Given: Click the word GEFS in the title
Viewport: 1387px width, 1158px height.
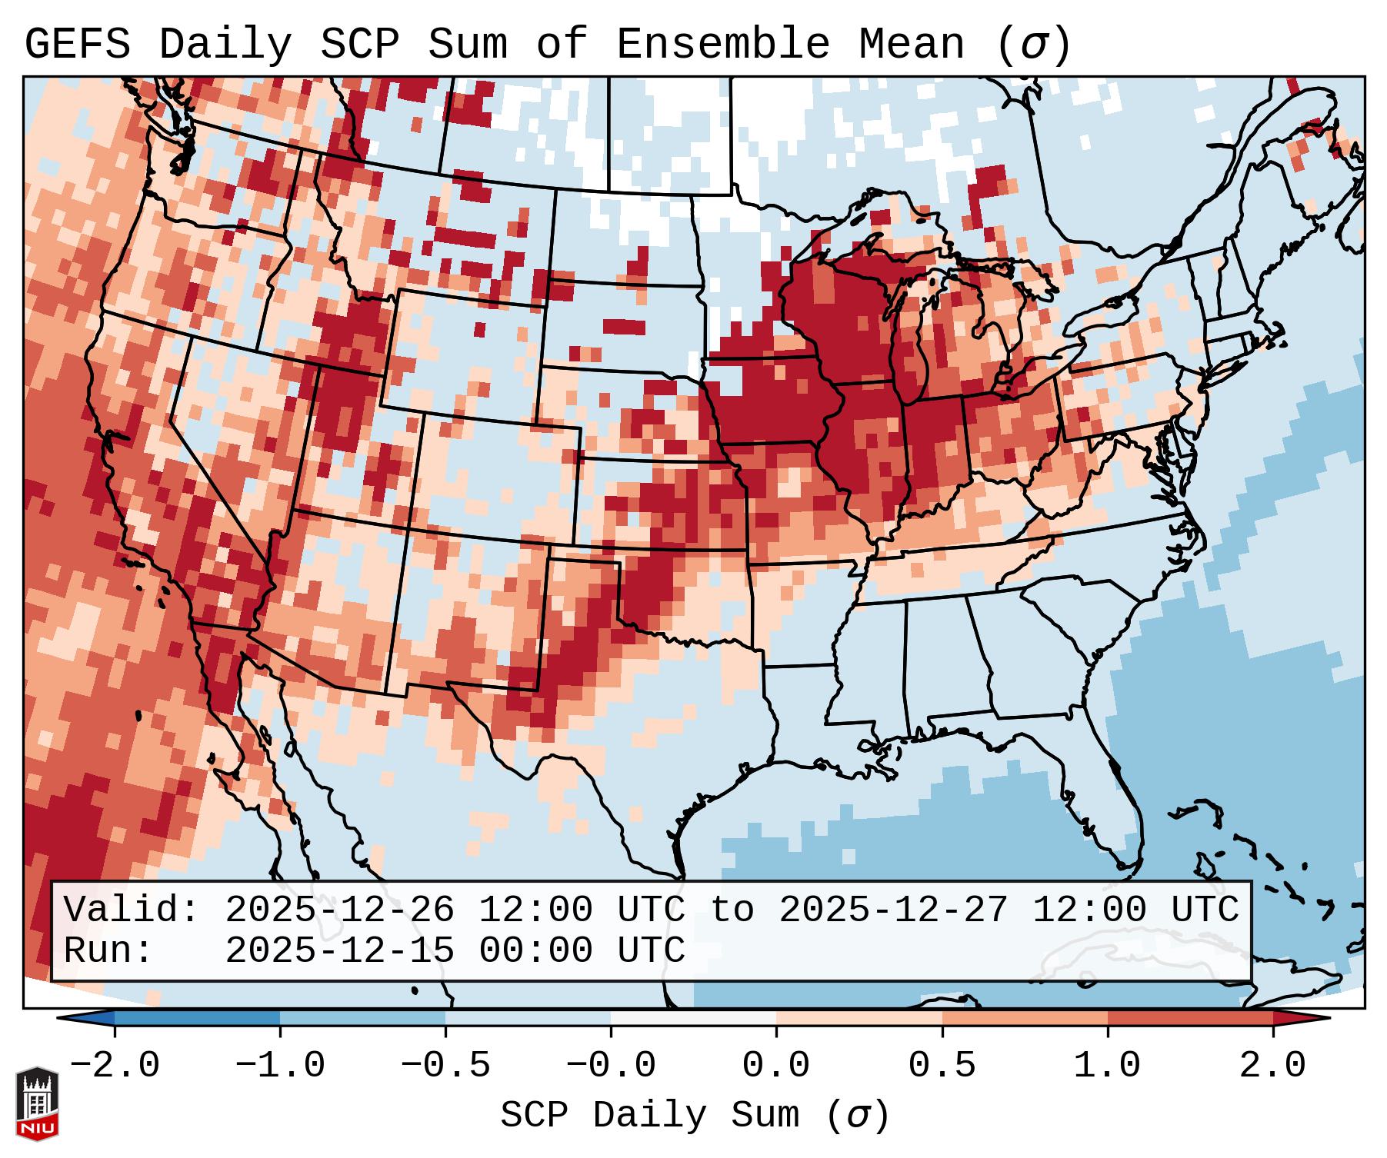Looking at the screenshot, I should coord(77,44).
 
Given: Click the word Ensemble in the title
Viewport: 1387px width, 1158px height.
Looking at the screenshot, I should coord(722,44).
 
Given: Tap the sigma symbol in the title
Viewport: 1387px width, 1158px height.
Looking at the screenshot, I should coord(1033,44).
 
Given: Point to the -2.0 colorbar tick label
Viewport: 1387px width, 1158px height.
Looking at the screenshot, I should coord(115,1066).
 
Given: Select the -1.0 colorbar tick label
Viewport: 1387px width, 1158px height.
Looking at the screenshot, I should coord(280,1066).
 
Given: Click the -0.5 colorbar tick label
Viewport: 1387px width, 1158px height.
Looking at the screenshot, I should coord(445,1066).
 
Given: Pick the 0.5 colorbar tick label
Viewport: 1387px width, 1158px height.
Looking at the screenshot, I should coord(942,1066).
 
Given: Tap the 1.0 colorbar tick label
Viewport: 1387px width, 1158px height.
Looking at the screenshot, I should coord(1108,1066).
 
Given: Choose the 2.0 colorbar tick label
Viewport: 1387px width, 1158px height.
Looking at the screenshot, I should coord(1273,1066).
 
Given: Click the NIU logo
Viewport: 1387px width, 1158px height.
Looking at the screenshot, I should coord(37,1103).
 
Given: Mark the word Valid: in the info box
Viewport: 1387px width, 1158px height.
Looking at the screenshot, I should coord(132,910).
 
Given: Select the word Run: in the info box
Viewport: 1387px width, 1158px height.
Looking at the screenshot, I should coord(108,950).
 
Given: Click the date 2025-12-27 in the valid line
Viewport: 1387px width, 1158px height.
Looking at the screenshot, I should coord(893,910).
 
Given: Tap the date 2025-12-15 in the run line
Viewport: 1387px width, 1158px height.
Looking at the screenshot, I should coord(339,950).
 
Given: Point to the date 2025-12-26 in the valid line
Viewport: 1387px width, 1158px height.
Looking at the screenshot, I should coord(339,910).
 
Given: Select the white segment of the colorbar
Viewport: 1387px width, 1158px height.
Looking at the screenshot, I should coord(693,1018).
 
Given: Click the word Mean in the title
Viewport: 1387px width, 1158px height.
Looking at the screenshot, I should coord(911,44).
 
